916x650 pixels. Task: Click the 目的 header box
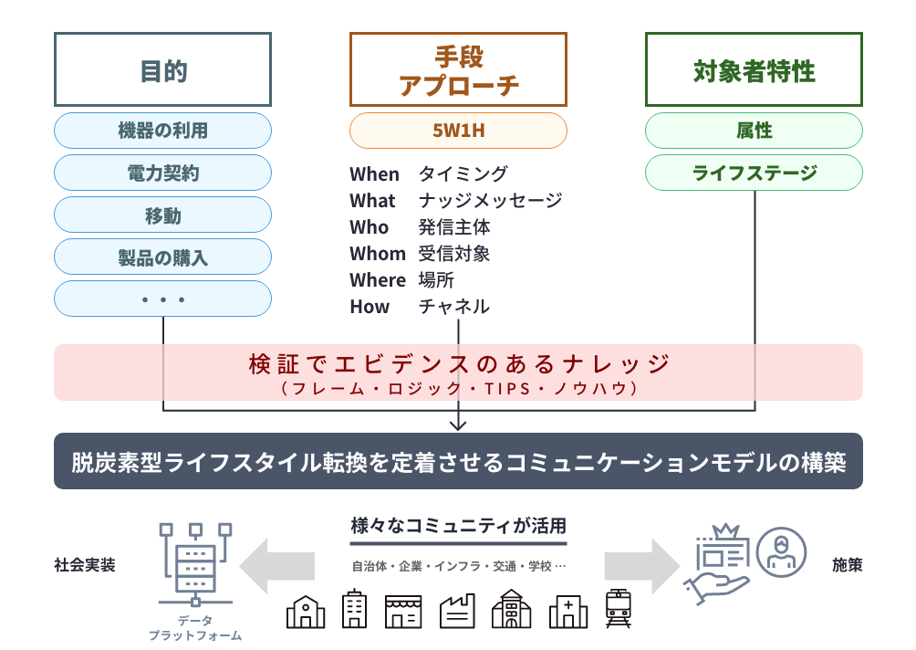[x=163, y=70]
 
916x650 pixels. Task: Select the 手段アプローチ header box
[x=458, y=70]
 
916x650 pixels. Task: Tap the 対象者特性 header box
[x=754, y=70]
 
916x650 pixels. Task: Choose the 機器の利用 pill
[x=163, y=131]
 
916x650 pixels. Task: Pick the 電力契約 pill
[x=163, y=173]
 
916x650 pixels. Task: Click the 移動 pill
[x=163, y=215]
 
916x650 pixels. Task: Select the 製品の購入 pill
[x=163, y=257]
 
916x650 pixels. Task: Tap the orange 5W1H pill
[x=458, y=131]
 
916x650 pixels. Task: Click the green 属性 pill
[x=754, y=131]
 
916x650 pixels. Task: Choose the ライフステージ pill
[x=754, y=173]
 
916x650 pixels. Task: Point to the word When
[x=374, y=174]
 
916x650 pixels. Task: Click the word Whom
[x=377, y=254]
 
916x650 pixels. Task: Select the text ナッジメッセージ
[x=490, y=201]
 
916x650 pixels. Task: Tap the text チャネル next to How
[x=453, y=307]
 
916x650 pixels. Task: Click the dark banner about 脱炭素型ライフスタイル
[x=458, y=462]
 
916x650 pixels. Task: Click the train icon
[x=619, y=608]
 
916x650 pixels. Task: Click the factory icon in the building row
[x=457, y=610]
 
